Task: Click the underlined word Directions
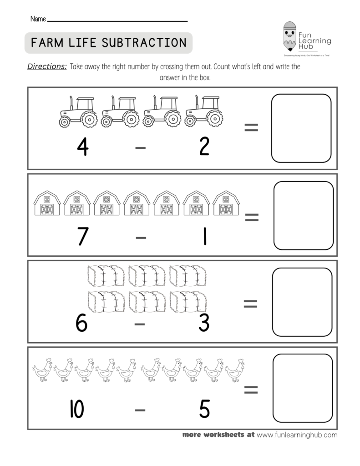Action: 47,66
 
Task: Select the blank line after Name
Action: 117,20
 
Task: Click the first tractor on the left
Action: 77,112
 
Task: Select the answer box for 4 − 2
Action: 301,128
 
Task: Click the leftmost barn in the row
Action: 47,203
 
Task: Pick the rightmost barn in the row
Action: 225,203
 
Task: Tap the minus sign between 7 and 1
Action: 141,237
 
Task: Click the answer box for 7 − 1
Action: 303,215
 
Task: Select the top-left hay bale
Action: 106,275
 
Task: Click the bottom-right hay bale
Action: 188,301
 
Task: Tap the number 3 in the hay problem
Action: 204,323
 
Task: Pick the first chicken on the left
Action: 42,370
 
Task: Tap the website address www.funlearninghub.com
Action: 297,435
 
